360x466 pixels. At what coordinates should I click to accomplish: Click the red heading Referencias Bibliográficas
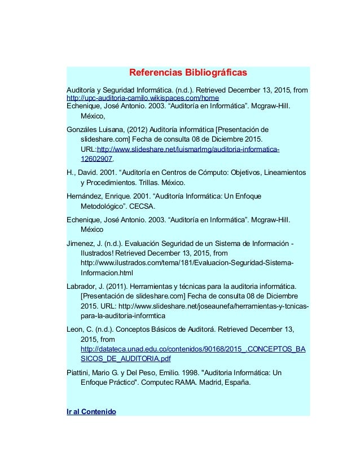tap(188, 73)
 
